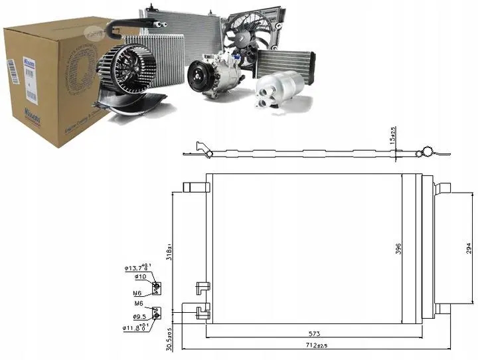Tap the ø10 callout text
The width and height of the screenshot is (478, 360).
click(x=139, y=277)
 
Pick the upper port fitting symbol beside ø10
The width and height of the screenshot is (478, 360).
click(x=157, y=288)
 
